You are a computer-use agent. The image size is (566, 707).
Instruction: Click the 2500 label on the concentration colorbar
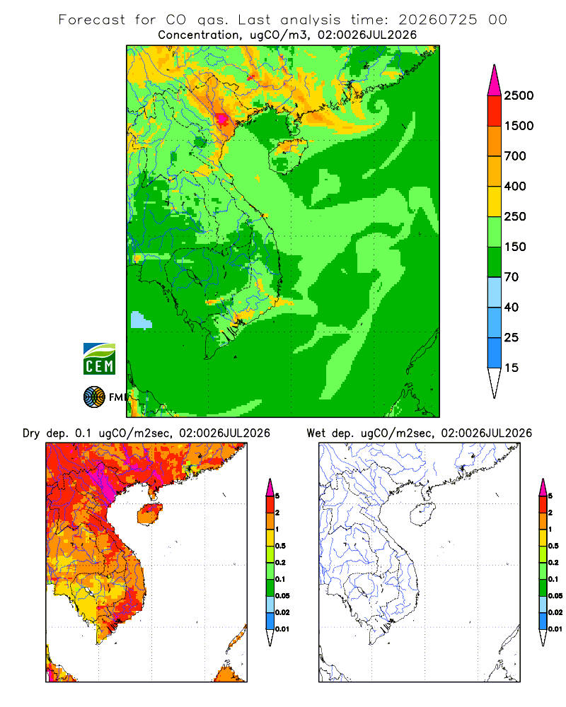pos(519,95)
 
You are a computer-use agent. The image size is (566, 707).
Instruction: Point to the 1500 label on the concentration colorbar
pos(519,126)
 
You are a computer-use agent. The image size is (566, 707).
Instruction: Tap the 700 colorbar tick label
pos(515,156)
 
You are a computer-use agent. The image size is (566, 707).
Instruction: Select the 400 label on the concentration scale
pos(515,186)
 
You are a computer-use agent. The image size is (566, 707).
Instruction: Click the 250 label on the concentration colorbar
pos(515,216)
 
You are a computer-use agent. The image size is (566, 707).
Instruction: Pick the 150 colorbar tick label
pos(515,247)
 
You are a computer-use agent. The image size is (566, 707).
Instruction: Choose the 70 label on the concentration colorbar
pos(512,277)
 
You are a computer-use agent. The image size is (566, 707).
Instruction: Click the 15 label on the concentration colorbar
pos(512,368)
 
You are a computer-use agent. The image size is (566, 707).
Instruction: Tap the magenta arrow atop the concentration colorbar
pos(495,81)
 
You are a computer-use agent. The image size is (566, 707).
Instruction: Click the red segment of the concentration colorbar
pos(495,111)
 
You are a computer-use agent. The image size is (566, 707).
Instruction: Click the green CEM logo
pos(99,359)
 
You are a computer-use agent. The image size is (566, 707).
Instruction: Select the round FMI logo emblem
pos(94,397)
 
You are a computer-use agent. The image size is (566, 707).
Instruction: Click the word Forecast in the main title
pos(92,20)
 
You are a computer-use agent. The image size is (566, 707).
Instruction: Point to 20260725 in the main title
pos(437,20)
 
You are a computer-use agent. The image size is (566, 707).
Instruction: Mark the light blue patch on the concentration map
pos(140,320)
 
